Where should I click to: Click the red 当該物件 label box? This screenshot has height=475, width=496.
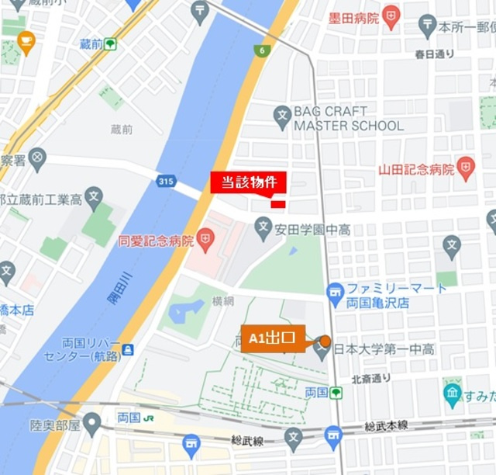coord(248,182)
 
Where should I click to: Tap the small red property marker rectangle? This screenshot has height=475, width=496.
coord(278,204)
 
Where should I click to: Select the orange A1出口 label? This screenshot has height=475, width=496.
coord(273,338)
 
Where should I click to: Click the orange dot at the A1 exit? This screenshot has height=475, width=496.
coord(325,341)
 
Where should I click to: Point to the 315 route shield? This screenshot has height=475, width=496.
coord(164,181)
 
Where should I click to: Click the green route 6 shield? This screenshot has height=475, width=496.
coord(261,50)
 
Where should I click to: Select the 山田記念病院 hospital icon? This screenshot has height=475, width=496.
coord(465,168)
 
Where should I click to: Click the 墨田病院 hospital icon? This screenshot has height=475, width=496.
coord(391,17)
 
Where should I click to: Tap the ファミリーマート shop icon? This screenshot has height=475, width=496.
coord(335,293)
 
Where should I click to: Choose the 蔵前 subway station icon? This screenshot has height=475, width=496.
coord(111,44)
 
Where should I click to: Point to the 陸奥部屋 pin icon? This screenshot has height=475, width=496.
coord(92,424)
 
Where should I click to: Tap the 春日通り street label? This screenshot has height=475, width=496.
coord(435,54)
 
